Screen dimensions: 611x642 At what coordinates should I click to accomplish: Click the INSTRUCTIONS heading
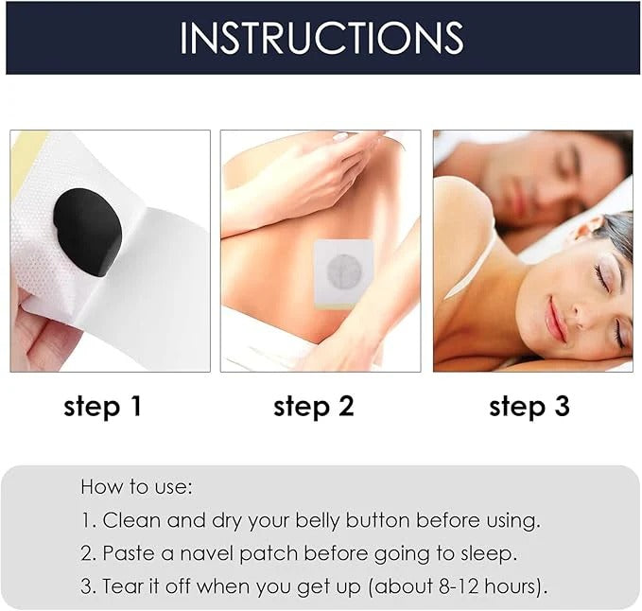[321, 37]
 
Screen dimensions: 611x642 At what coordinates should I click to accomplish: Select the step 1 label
[102, 407]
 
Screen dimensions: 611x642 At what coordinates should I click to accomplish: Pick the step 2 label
[313, 407]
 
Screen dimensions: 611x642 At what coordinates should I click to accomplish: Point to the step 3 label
[529, 407]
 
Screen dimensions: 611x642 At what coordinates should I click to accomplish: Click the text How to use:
[136, 488]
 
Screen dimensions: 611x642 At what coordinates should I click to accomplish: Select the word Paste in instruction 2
[130, 553]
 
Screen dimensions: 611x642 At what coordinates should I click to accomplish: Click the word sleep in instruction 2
[490, 553]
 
